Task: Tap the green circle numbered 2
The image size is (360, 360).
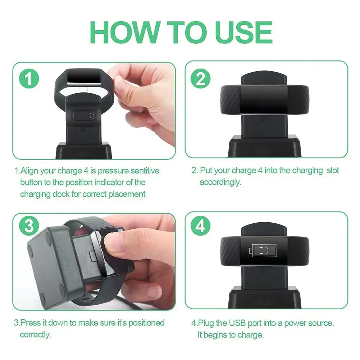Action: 200,78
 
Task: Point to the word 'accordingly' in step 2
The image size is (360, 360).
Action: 220,182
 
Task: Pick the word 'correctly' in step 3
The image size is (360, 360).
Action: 35,334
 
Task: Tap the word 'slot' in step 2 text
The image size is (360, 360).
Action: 333,170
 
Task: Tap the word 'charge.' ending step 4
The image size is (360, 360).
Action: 251,334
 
